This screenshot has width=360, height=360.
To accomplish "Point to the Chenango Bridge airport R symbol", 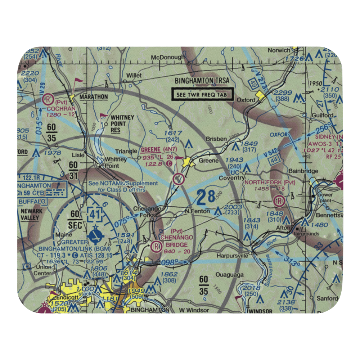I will pyautogui.click(x=156, y=247).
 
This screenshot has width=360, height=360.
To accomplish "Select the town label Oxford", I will pyautogui.click(x=246, y=100).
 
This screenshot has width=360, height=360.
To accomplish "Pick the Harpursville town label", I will pyautogui.click(x=233, y=256).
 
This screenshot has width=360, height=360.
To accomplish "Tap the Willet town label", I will pyautogui.click(x=134, y=76).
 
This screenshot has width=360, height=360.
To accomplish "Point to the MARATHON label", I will pyautogui.click(x=94, y=97).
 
